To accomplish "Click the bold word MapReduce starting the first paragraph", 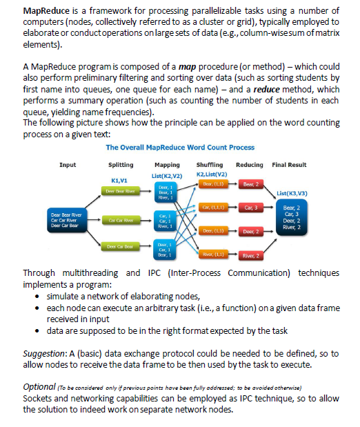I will coord(46,12).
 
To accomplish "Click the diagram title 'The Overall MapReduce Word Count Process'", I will coord(180,147).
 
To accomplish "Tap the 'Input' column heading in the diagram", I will coord(68,165).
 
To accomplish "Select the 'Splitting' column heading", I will coord(122,165).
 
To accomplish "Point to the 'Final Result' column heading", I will coord(289,165).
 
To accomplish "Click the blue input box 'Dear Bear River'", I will coord(67,220).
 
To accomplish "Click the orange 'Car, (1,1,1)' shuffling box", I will coord(210,207).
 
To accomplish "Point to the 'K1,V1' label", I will coord(121,179).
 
